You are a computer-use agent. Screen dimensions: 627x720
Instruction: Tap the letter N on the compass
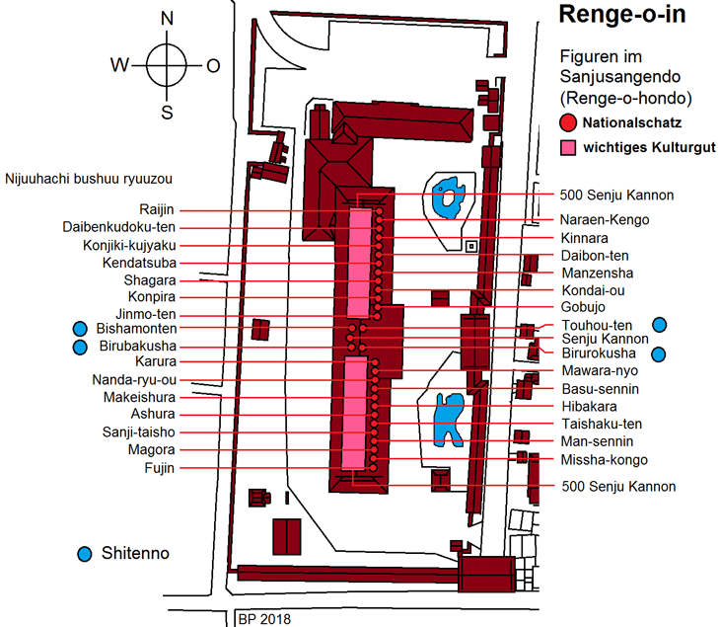[x=167, y=18]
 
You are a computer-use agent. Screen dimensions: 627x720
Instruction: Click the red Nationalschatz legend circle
[x=567, y=123]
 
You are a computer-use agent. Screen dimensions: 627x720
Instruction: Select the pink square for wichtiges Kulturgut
[x=568, y=148]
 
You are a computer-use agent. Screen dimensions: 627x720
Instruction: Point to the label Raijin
[x=158, y=210]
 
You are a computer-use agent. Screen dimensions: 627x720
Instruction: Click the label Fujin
[x=159, y=468]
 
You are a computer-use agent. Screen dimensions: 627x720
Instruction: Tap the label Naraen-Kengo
[x=605, y=219]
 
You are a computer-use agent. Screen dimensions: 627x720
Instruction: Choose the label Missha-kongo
[x=604, y=460]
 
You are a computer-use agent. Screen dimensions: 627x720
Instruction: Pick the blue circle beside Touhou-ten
[x=660, y=324]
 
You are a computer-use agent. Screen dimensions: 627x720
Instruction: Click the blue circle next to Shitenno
[x=86, y=554]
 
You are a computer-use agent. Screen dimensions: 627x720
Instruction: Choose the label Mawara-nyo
[x=599, y=371]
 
